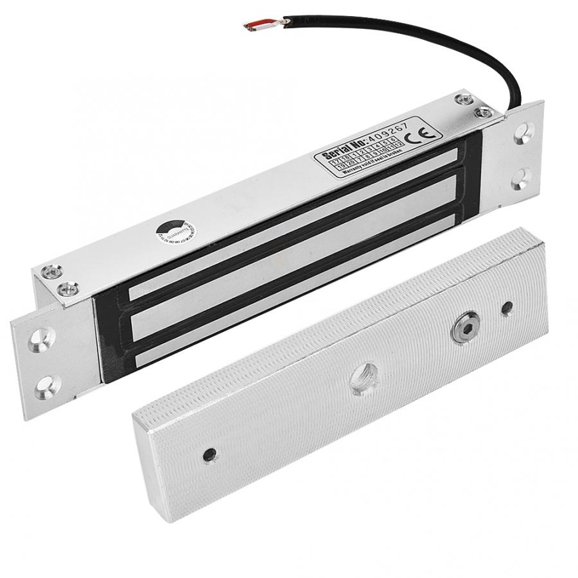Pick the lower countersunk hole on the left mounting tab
[44, 385]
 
